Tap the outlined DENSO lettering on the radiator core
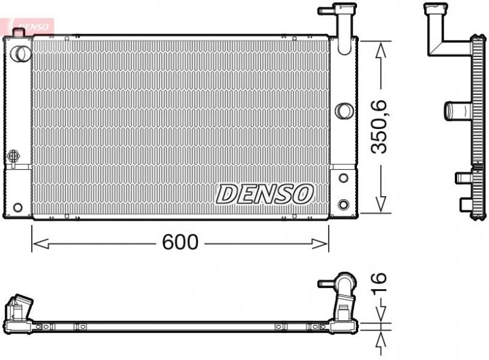[x=265, y=194]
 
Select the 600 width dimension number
[x=180, y=243]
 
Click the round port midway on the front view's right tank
[x=344, y=111]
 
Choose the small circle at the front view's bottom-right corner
[x=343, y=204]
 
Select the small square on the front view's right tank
[x=343, y=178]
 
